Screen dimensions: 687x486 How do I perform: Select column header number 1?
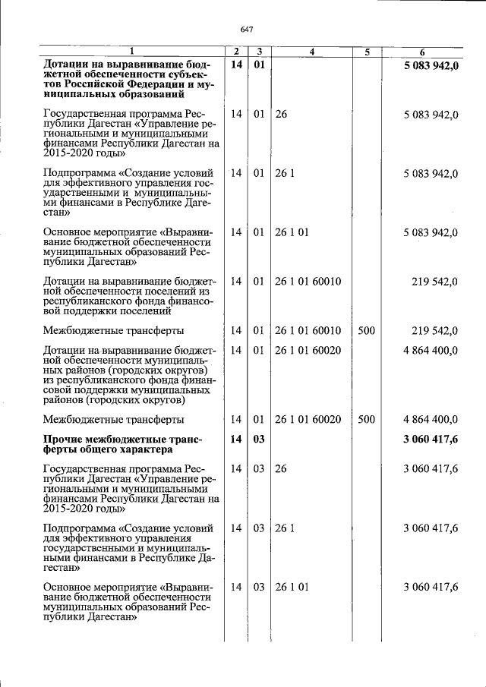click(x=131, y=52)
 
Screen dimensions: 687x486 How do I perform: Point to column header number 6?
click(x=422, y=52)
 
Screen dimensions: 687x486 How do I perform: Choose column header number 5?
click(x=367, y=52)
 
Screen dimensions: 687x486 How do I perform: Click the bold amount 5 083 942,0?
click(x=431, y=65)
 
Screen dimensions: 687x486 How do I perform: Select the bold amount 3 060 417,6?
click(x=431, y=439)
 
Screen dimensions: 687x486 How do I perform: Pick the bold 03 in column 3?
click(x=259, y=439)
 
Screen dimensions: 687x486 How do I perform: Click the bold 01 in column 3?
click(x=259, y=65)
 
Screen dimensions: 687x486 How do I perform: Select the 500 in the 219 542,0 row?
click(x=366, y=331)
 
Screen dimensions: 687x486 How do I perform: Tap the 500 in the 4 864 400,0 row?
click(x=366, y=419)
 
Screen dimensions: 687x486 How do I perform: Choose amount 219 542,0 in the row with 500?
click(x=435, y=331)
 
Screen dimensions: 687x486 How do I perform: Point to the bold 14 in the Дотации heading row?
click(x=236, y=65)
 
